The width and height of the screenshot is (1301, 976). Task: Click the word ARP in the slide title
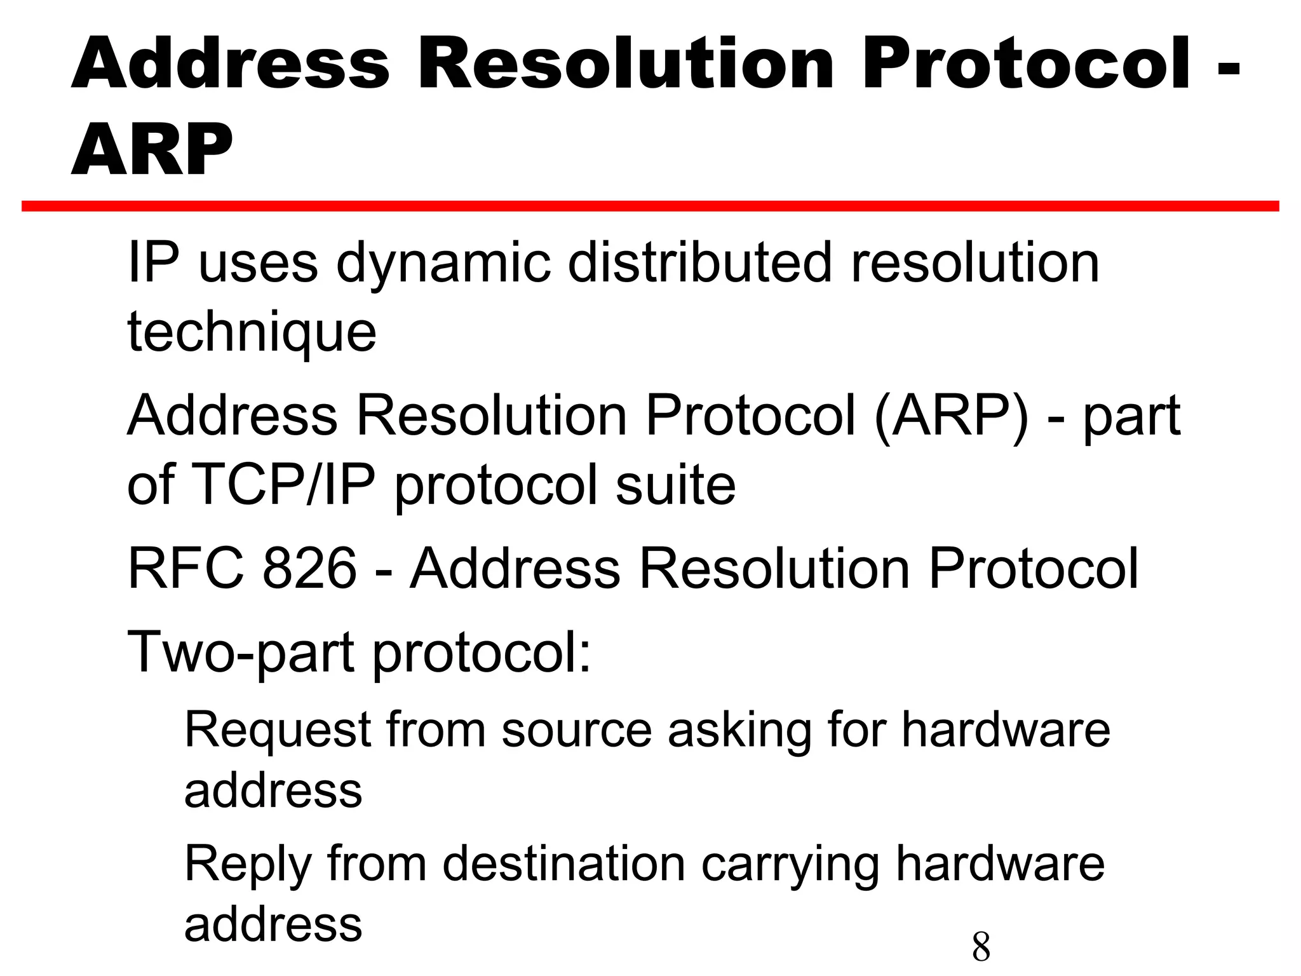coord(152,151)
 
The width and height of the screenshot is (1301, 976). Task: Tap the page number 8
coord(981,946)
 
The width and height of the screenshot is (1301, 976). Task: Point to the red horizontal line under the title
coord(650,206)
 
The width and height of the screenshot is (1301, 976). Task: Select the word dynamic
coord(443,264)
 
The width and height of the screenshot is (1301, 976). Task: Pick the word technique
coord(252,332)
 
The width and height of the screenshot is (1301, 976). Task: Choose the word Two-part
coord(241,653)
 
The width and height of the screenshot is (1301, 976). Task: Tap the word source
coord(576,731)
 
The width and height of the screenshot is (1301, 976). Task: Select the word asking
coord(739,731)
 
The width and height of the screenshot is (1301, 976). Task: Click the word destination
coord(563,864)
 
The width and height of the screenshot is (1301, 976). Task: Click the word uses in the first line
coord(258,264)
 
